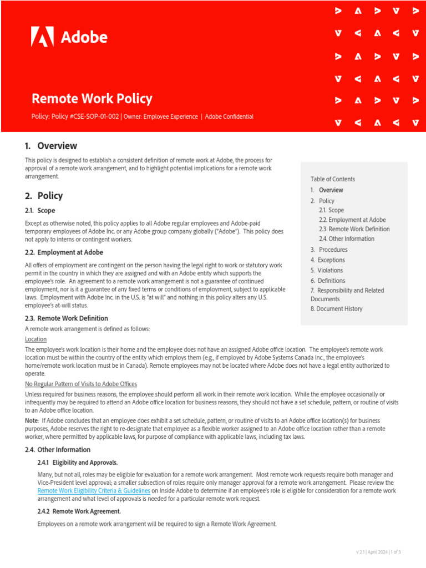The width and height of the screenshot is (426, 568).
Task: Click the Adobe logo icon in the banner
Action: tap(42, 37)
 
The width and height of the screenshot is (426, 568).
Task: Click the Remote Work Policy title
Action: tap(92, 99)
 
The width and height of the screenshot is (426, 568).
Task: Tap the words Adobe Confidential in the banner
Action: tap(229, 116)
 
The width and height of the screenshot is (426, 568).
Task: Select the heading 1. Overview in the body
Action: tap(51, 146)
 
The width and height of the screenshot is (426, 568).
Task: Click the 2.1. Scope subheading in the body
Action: tap(40, 211)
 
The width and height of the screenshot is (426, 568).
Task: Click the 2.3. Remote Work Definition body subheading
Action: tap(67, 318)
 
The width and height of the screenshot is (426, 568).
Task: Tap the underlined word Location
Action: tap(36, 339)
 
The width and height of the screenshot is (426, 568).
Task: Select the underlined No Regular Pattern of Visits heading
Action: tap(81, 384)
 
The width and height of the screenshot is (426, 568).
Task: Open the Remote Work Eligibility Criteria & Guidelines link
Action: tap(94, 491)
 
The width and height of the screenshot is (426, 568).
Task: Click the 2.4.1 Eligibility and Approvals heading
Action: tap(78, 462)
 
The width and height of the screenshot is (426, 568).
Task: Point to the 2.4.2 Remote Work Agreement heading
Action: tap(79, 511)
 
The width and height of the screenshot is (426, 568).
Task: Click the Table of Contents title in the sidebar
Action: tap(333, 179)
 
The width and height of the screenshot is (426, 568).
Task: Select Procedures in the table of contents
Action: tap(333, 250)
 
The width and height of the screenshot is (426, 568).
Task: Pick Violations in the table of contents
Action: tap(330, 270)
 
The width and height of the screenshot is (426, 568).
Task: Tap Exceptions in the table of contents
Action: tap(331, 260)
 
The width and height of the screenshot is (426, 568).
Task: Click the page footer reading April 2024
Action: tap(378, 552)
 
